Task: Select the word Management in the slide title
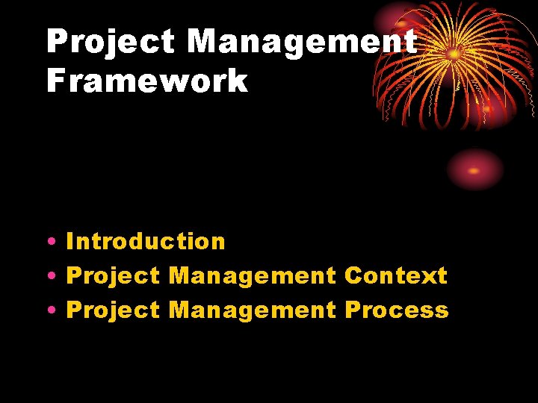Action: (x=302, y=42)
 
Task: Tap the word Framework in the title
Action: (x=146, y=80)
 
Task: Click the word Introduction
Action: (x=146, y=241)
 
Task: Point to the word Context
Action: (x=396, y=275)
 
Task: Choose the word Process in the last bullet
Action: (x=397, y=310)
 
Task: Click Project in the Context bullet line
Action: (x=113, y=275)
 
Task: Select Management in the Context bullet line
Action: (x=253, y=275)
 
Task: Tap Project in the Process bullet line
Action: (x=113, y=310)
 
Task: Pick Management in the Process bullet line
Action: (x=253, y=310)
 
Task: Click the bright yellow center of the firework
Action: (x=454, y=54)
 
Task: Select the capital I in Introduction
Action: (x=70, y=241)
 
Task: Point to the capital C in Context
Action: (x=353, y=275)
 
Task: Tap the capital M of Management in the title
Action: (x=203, y=42)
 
